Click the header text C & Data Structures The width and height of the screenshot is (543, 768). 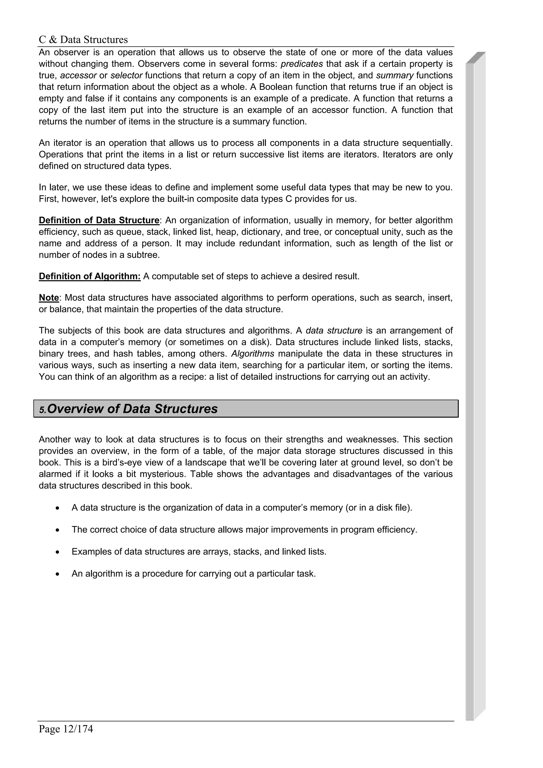pos(83,40)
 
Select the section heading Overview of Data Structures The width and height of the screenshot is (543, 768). pos(133,409)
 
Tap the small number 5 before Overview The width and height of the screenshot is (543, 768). pos(42,410)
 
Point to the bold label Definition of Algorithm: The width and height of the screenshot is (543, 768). pos(90,276)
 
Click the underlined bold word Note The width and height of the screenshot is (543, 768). pos(49,298)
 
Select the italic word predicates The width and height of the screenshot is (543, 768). pos(302,64)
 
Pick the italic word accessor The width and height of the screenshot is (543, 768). pos(78,75)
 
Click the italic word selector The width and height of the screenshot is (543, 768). pos(126,75)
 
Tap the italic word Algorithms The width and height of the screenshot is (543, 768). pos(253,354)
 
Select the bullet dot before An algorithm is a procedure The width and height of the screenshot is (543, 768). pos(58,574)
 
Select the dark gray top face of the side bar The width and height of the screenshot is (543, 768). pos(475,58)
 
